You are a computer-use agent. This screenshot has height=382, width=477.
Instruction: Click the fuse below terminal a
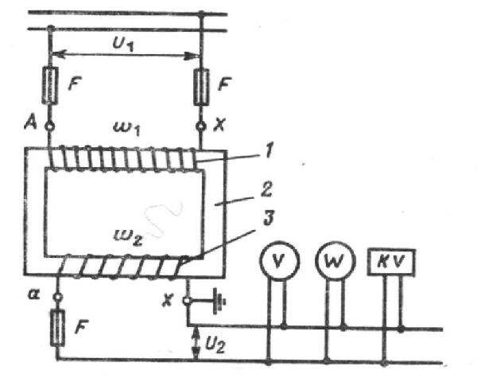coord(57,327)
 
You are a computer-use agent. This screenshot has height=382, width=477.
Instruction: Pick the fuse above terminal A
coord(50,86)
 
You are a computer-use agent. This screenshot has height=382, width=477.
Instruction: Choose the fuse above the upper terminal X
coord(201,87)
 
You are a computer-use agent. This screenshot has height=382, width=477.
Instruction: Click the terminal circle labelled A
coord(49,126)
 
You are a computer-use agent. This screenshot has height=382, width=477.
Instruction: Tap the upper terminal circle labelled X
coord(200,126)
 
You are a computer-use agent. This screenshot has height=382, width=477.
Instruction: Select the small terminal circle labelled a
coord(58,296)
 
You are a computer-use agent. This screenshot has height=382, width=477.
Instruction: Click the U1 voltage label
coord(123,44)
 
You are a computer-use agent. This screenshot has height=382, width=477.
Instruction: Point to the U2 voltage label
coord(215,345)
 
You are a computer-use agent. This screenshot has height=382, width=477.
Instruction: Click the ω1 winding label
coord(126,128)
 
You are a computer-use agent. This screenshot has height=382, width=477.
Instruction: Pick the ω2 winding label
coord(127,237)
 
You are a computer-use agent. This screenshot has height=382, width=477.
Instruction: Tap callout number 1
coord(268,150)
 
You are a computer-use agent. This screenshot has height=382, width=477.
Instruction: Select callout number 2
coord(266,189)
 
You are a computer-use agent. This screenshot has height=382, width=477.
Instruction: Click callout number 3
coord(269,218)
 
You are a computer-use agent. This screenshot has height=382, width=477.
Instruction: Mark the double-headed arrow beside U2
coord(196,343)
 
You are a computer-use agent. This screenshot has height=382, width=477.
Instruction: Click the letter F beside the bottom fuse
coord(81,327)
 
